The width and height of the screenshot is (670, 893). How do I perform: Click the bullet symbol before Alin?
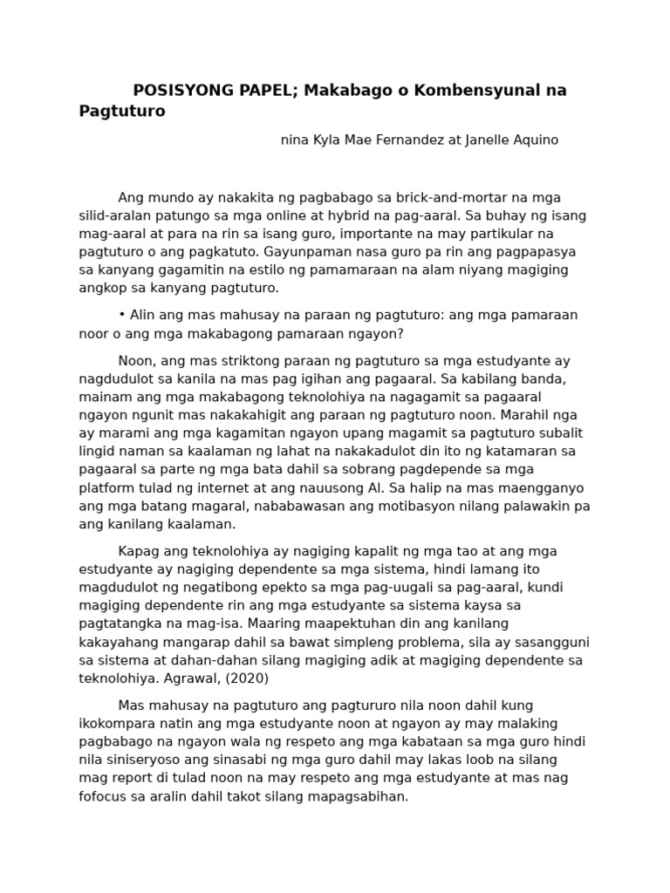[x=122, y=316]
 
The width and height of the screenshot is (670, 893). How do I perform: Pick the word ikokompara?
[x=116, y=724]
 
